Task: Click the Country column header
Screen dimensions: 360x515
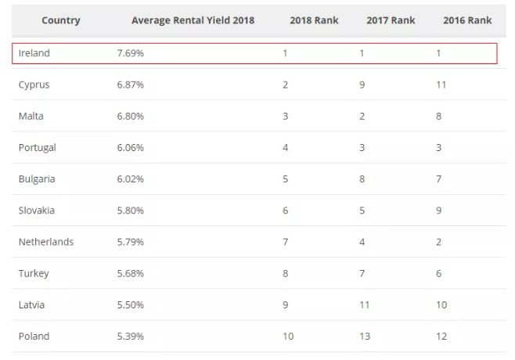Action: pos(61,20)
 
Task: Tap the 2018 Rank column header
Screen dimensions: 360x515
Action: pos(313,20)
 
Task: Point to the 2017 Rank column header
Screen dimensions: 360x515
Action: pos(390,20)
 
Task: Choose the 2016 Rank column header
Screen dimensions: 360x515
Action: pos(467,20)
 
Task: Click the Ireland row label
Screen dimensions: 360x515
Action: pos(34,53)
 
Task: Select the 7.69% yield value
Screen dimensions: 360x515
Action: pos(131,53)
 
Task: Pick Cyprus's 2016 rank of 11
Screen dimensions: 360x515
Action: pos(441,85)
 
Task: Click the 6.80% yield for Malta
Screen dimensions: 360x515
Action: pos(131,116)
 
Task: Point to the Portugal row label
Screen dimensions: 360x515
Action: pos(38,147)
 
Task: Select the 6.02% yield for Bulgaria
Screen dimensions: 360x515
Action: pos(131,178)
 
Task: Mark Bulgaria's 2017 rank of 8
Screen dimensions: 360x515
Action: pos(362,178)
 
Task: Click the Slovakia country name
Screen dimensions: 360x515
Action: pos(37,211)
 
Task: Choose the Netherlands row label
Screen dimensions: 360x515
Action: pos(46,242)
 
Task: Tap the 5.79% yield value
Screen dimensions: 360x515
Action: pos(131,242)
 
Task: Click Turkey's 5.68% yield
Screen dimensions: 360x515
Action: pos(131,273)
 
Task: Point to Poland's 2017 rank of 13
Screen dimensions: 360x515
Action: pos(364,337)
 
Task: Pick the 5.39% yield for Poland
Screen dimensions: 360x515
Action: pos(131,337)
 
